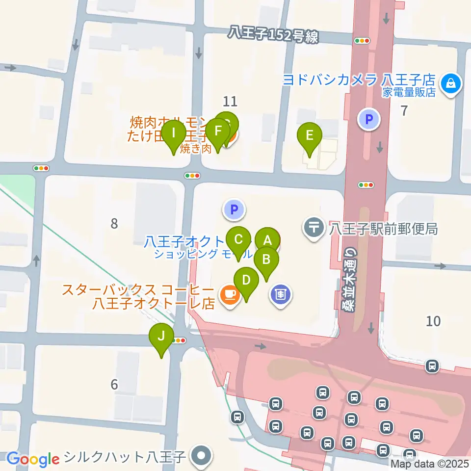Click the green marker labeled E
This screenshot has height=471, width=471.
(x=310, y=135)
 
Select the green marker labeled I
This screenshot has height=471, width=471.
(x=174, y=133)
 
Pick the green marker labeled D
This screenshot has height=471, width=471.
(x=246, y=281)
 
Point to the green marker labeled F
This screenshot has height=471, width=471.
(x=217, y=131)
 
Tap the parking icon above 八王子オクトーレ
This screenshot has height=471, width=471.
(x=234, y=210)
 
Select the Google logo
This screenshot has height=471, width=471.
(x=33, y=459)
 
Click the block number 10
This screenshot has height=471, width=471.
(x=433, y=321)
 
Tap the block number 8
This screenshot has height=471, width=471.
(x=114, y=224)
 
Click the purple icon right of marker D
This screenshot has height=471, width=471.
(x=280, y=295)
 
